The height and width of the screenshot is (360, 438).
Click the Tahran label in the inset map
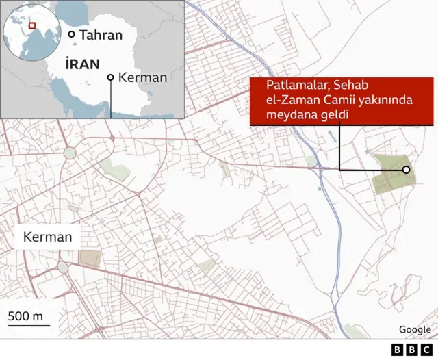100,35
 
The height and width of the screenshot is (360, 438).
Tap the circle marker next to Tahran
70,34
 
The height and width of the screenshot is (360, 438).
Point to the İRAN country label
83,63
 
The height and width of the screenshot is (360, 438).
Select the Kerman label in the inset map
142,77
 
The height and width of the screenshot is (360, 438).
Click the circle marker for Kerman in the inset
110,77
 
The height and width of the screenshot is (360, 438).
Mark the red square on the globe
31,27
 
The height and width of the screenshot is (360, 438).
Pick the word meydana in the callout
290,116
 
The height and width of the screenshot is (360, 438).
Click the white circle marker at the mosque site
406,170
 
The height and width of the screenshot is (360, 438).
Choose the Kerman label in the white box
47,238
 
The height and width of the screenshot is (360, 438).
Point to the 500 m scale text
25,316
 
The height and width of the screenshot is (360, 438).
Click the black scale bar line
29,326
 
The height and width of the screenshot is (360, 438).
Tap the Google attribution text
415,329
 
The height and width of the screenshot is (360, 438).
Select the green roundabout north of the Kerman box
70,153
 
